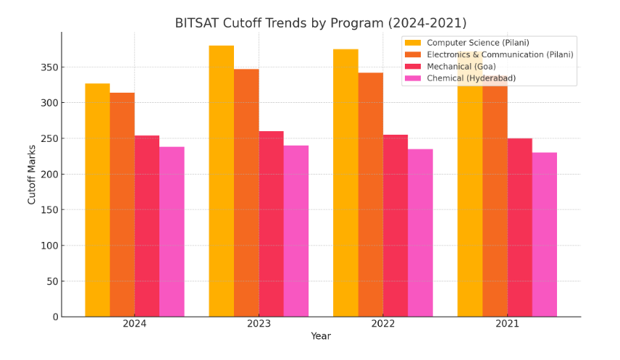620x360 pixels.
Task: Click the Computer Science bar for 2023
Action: tap(222, 181)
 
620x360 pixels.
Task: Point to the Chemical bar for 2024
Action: tap(172, 232)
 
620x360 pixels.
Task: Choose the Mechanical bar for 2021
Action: tap(520, 227)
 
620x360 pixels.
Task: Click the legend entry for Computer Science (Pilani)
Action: tap(477, 43)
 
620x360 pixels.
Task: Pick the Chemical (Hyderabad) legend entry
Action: tap(471, 78)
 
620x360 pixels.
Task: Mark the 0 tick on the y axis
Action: tap(55, 317)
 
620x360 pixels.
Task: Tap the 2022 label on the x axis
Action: tap(383, 324)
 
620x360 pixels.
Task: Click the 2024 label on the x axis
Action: tap(135, 324)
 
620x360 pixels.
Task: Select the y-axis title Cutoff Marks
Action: tap(32, 175)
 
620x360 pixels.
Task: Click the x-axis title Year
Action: tap(321, 336)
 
